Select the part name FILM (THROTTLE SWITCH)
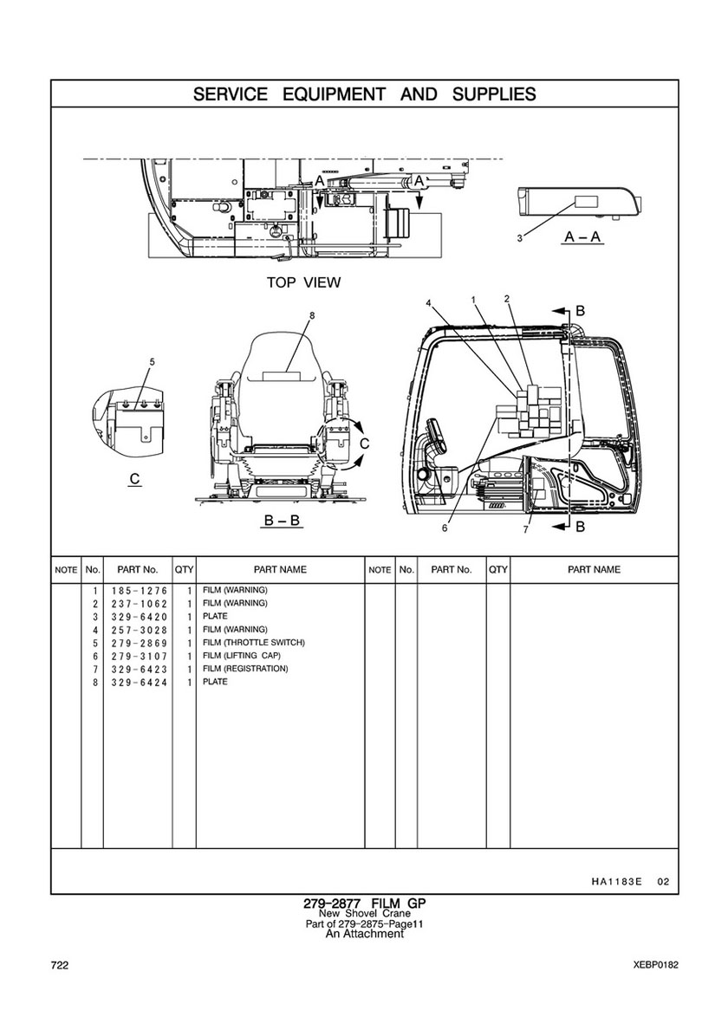tap(253, 643)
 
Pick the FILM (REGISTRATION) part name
tap(245, 669)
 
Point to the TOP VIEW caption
tap(303, 282)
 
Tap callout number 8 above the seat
tap(312, 315)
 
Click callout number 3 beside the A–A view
tap(519, 237)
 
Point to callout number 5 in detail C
tap(152, 360)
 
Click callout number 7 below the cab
tap(525, 529)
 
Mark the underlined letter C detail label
tap(134, 478)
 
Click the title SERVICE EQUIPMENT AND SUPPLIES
tap(364, 94)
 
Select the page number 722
tap(60, 965)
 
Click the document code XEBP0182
tap(656, 965)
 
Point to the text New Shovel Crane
tap(364, 914)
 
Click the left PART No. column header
tap(137, 570)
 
